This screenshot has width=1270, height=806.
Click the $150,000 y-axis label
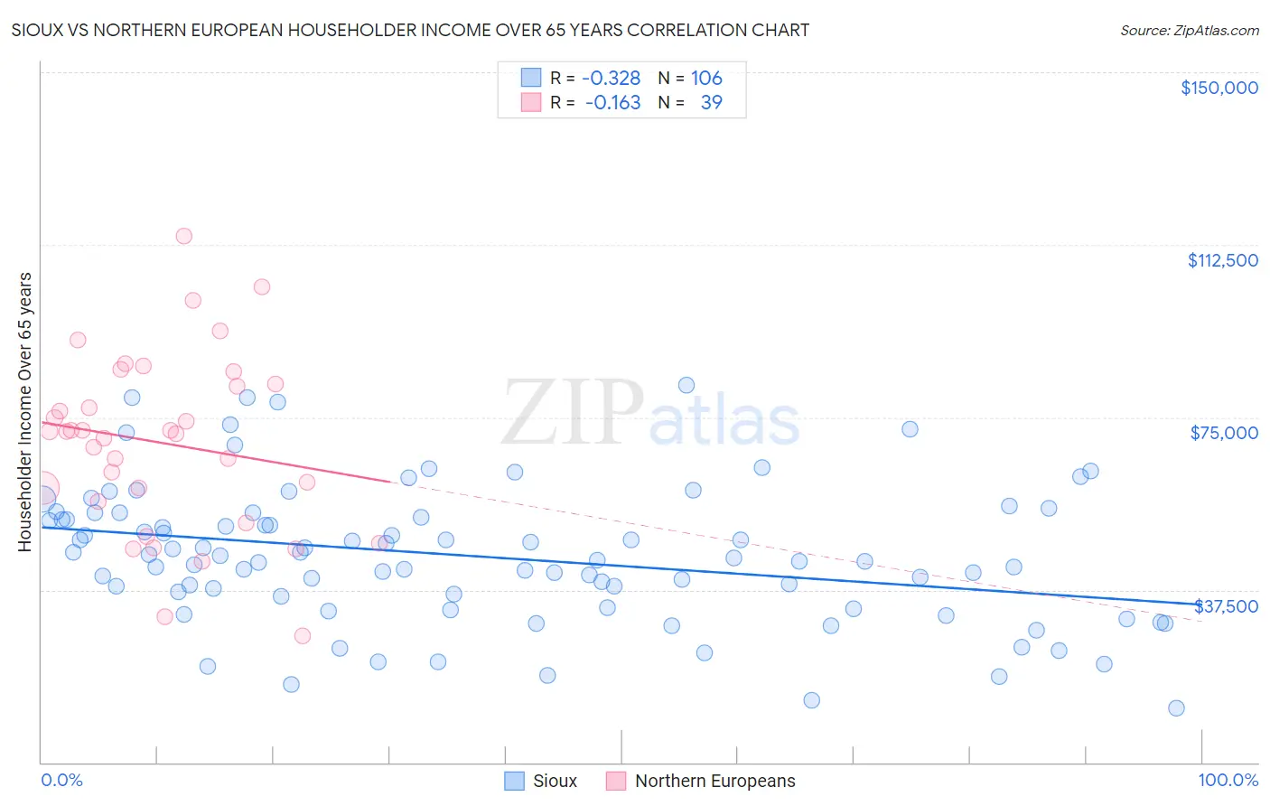click(1219, 88)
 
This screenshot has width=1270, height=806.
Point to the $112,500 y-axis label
click(1222, 260)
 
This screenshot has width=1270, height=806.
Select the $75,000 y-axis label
click(1224, 433)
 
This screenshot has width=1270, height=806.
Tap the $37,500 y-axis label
click(1226, 606)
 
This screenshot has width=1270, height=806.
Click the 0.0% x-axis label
click(61, 780)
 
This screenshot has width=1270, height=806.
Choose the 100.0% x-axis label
click(1228, 780)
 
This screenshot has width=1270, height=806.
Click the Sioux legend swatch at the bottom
click(514, 781)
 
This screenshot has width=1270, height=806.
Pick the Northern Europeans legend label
click(714, 781)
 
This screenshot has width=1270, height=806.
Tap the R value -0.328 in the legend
click(611, 78)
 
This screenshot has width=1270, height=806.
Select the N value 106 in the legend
click(706, 78)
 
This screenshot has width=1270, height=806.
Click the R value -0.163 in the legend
click(612, 102)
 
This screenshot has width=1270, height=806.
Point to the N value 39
click(711, 102)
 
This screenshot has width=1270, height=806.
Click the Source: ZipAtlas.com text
click(1189, 30)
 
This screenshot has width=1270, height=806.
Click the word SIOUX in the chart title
click(37, 30)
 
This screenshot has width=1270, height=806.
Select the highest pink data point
click(183, 236)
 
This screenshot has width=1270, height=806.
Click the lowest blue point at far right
click(1176, 708)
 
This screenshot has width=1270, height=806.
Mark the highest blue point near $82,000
click(686, 385)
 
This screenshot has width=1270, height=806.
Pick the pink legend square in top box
click(530, 102)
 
